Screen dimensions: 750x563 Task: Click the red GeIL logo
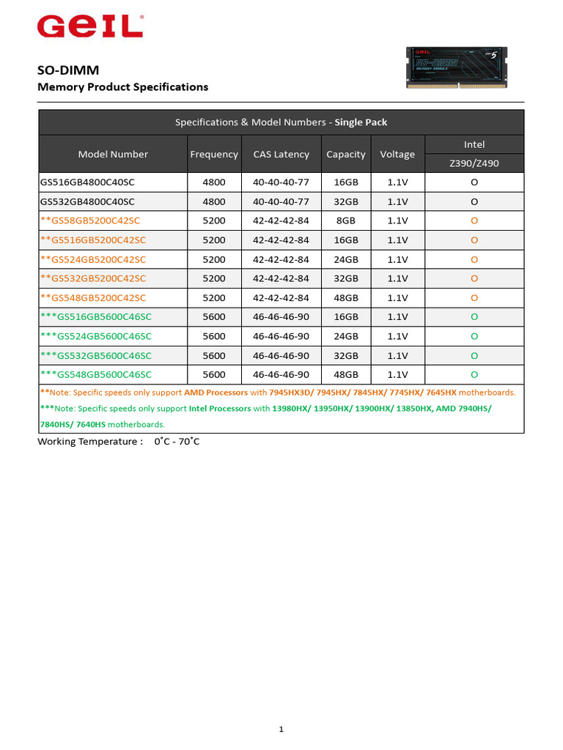click(89, 27)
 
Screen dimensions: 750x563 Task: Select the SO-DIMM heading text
click(68, 70)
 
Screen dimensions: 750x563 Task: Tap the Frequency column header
click(214, 154)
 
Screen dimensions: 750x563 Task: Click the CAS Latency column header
click(281, 154)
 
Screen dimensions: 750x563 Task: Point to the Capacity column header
click(346, 154)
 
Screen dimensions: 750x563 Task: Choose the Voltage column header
click(397, 154)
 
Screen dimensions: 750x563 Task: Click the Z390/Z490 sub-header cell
click(474, 163)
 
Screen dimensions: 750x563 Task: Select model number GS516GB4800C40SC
click(87, 182)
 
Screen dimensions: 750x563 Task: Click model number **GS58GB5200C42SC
click(90, 220)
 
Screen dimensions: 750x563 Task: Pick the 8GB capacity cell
click(346, 220)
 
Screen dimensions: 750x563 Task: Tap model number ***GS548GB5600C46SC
click(96, 374)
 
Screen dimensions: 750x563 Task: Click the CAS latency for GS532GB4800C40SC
click(281, 201)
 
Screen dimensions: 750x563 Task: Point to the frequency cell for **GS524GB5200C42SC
click(214, 259)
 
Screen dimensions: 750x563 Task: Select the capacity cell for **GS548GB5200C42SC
click(346, 298)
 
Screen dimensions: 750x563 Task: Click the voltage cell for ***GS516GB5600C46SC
click(397, 317)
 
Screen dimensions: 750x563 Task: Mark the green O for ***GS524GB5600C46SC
click(474, 336)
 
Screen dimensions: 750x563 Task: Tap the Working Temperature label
click(89, 442)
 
